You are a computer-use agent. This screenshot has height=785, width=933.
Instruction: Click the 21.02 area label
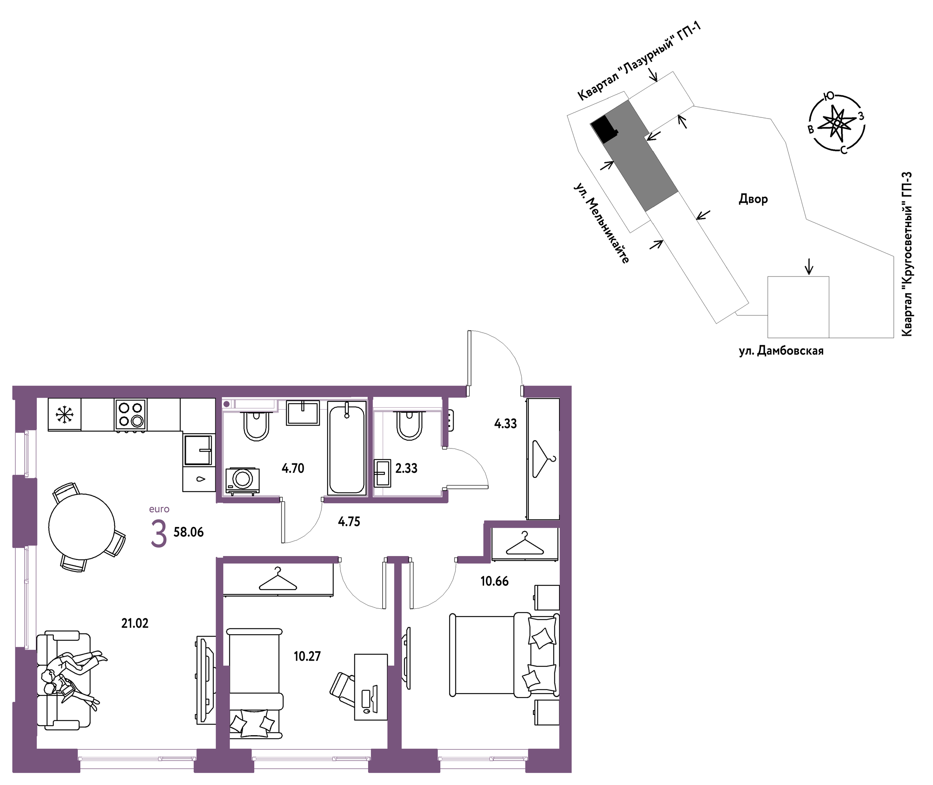click(x=135, y=624)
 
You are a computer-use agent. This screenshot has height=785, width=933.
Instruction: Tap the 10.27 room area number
click(x=307, y=656)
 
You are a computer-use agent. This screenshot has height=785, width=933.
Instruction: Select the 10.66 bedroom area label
click(x=494, y=581)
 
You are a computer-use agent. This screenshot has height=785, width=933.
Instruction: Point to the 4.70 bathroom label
click(x=293, y=468)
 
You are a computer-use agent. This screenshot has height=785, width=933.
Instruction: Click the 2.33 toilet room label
click(x=407, y=468)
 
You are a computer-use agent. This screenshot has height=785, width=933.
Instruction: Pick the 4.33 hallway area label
click(x=506, y=424)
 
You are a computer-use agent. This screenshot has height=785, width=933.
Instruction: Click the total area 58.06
click(x=188, y=532)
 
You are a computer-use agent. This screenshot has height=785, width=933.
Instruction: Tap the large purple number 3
click(x=159, y=534)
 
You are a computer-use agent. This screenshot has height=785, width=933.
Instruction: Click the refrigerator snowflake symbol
click(x=65, y=415)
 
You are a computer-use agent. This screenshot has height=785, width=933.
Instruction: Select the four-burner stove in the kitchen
click(x=131, y=414)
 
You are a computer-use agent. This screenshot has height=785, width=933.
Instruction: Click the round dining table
click(x=81, y=527)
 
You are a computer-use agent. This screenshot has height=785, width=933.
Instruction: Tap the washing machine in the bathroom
click(x=243, y=480)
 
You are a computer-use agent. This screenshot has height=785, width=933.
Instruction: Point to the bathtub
click(x=347, y=448)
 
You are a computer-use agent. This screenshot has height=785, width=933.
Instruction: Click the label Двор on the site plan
click(x=753, y=199)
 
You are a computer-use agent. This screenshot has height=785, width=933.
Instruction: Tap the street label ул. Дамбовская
click(x=781, y=351)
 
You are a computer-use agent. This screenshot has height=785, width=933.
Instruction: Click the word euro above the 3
click(x=159, y=509)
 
